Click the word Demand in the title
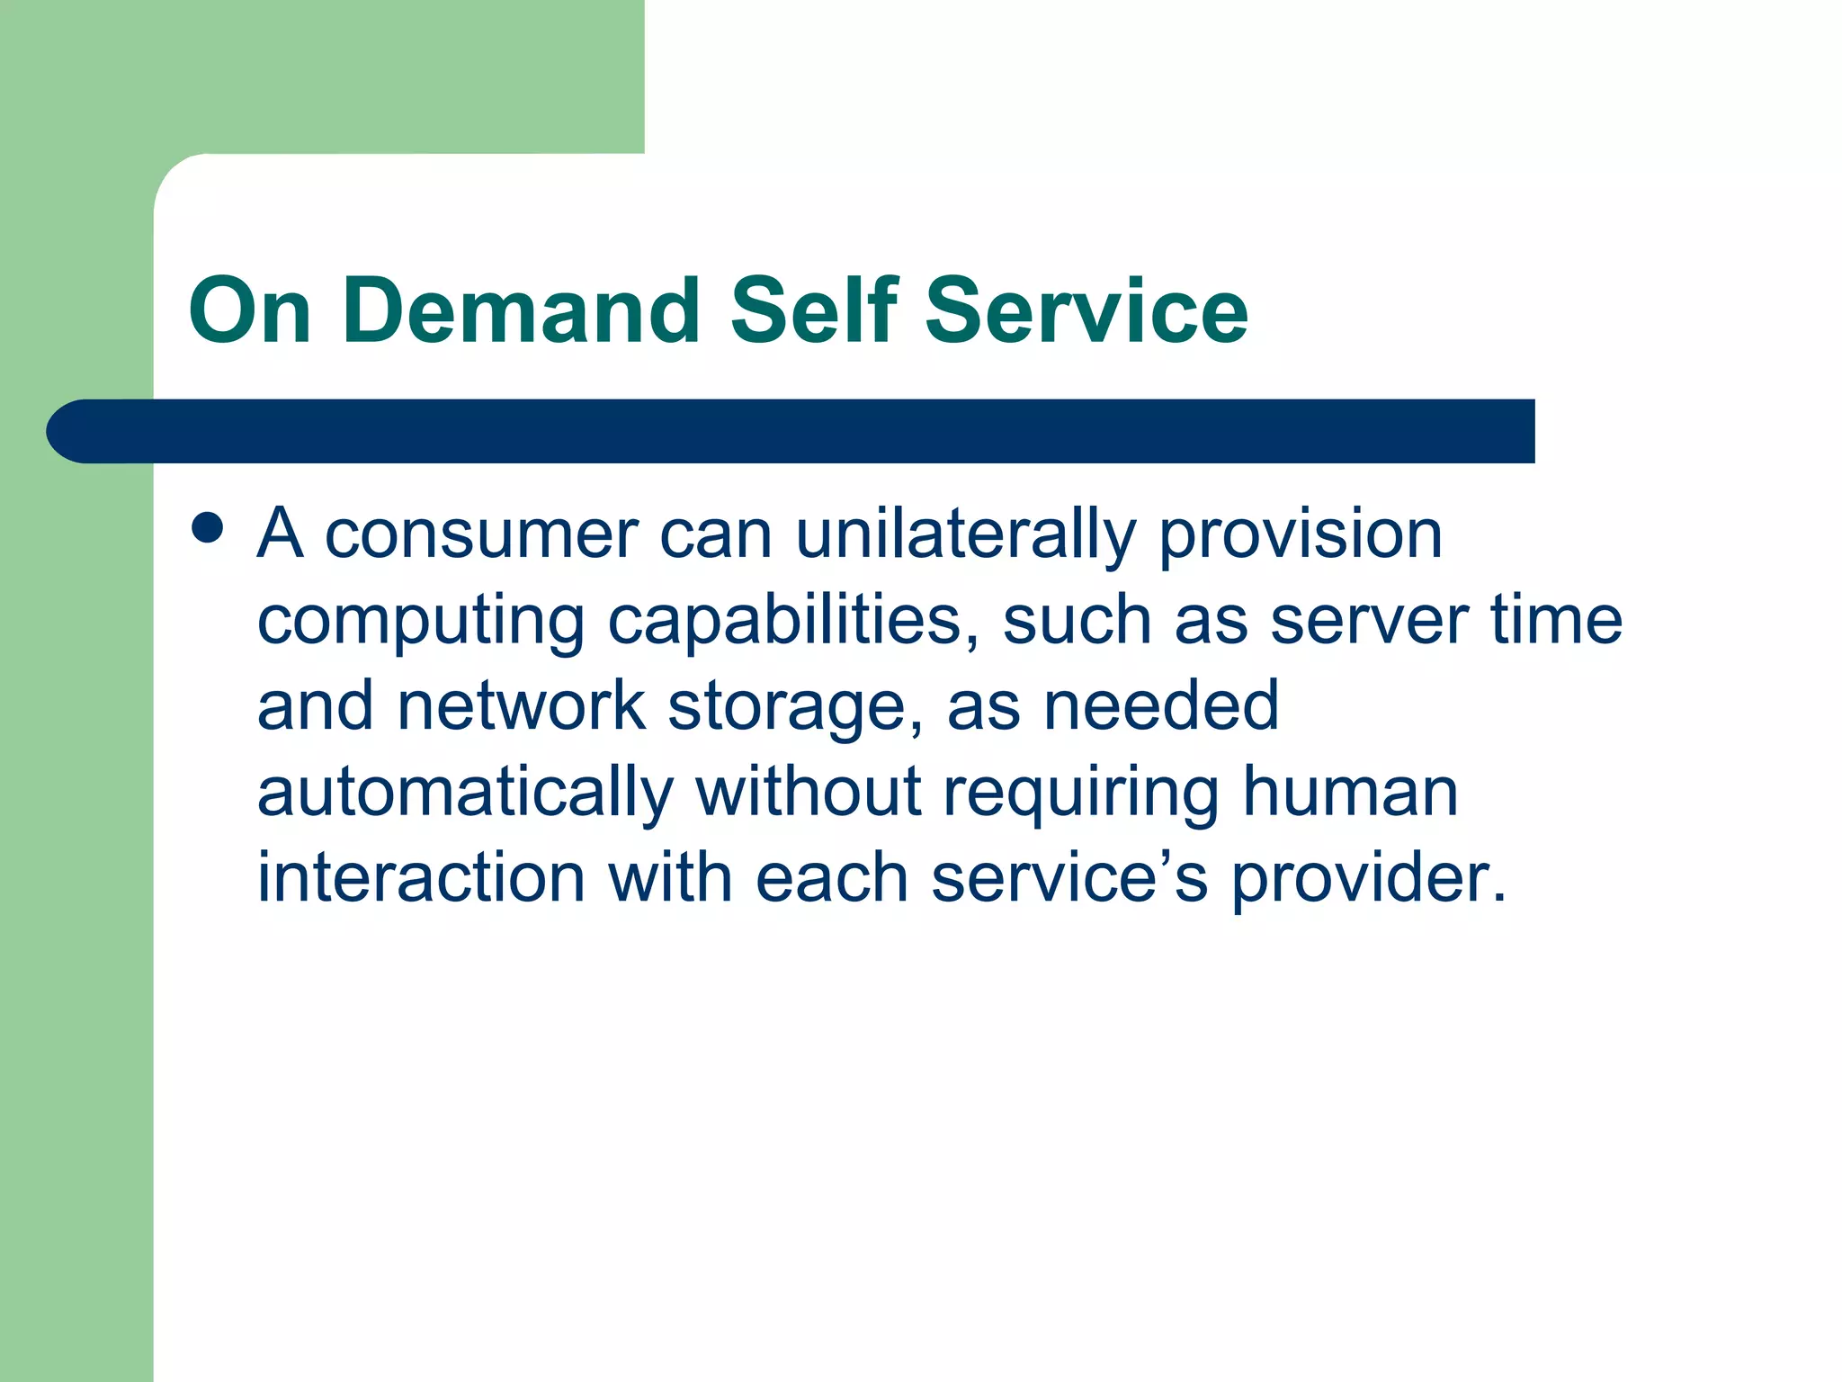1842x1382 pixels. (x=521, y=311)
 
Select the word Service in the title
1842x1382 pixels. (x=1086, y=311)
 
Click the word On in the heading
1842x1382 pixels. (x=250, y=311)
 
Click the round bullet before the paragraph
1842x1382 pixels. (x=208, y=528)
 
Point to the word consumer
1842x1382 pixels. (x=481, y=535)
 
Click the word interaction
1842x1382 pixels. (x=421, y=877)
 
